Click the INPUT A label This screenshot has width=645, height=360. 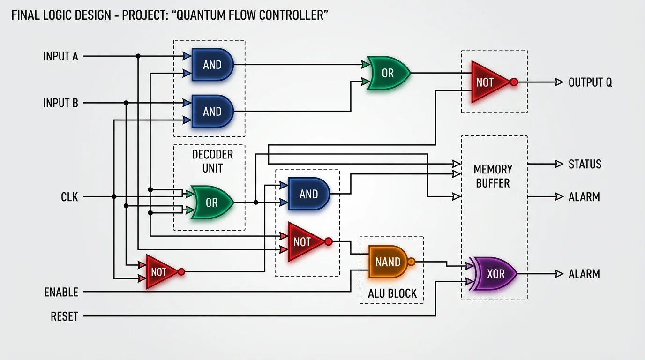pos(60,56)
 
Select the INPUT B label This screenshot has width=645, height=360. pos(60,103)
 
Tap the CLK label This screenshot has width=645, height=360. pos(69,197)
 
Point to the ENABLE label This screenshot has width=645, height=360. pos(61,292)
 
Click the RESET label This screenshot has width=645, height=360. pos(64,316)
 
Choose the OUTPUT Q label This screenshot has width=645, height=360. pos(590,82)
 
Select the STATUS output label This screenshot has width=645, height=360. pos(585,164)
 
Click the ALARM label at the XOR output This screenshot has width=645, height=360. pos(584,274)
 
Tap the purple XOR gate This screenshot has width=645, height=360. pos(495,274)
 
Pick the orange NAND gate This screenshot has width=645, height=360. pos(388,262)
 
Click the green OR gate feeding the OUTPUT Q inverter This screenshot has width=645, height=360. pos(388,73)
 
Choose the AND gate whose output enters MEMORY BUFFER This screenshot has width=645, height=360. pos(308,194)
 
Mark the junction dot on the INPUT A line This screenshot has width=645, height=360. pos(138,56)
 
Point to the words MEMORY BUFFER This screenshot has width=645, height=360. pos(493,176)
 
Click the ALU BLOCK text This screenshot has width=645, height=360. pos(392,293)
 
